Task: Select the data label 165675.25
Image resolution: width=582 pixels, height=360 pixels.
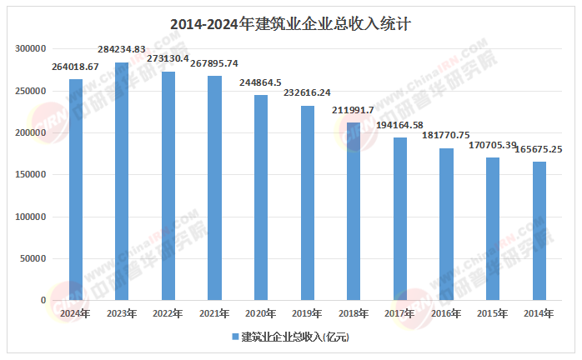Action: coord(539,149)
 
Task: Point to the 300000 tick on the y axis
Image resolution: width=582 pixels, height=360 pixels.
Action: coord(31,49)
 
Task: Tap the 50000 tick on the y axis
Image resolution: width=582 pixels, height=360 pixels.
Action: coord(34,258)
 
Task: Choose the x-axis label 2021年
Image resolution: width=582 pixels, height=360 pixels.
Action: coord(215,313)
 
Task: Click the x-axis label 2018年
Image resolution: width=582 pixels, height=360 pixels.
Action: coord(354,313)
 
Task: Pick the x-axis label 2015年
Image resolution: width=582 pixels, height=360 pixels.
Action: coord(493,313)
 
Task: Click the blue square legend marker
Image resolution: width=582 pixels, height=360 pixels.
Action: coord(234,337)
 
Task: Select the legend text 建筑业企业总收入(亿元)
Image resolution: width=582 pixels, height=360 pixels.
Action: coord(294,337)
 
